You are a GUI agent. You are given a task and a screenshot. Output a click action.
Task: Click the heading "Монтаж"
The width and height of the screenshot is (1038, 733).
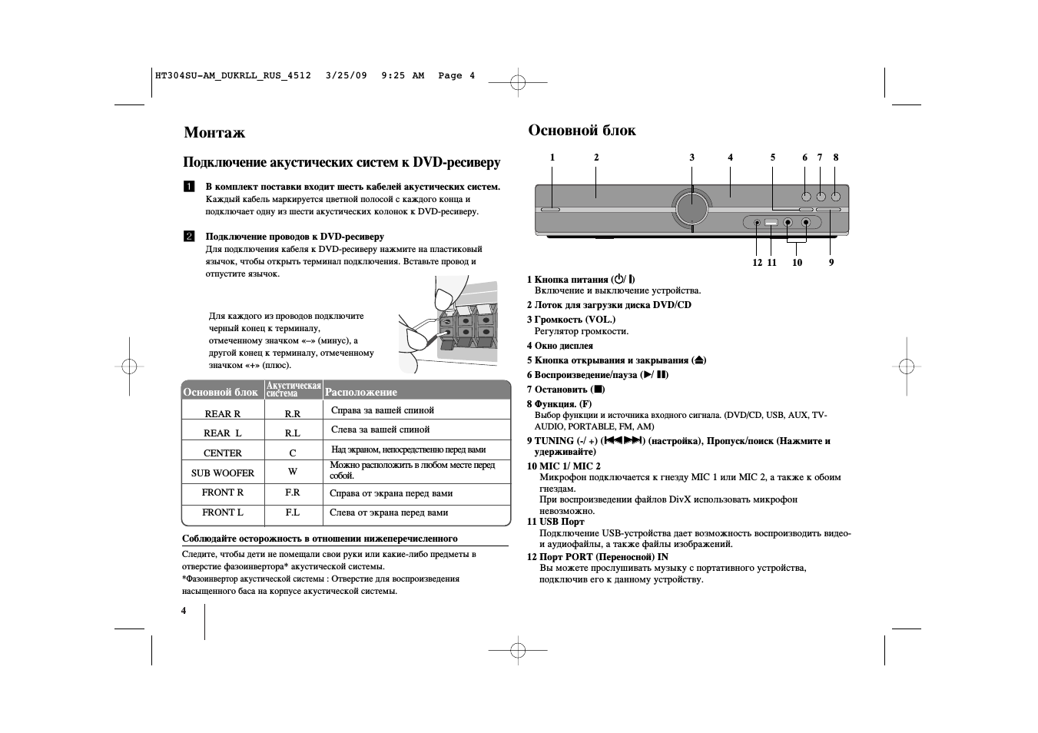pos(214,132)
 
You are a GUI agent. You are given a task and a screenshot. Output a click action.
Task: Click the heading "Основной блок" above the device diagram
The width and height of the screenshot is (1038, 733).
pos(582,130)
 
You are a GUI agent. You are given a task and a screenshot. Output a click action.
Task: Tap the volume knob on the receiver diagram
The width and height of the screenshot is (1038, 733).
pos(691,208)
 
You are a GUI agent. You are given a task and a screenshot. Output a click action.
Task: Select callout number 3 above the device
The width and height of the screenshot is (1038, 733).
pos(691,158)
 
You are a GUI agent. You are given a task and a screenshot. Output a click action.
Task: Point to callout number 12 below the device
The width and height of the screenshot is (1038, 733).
pos(757,263)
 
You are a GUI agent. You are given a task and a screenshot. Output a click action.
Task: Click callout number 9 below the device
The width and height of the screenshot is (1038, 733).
pos(831,263)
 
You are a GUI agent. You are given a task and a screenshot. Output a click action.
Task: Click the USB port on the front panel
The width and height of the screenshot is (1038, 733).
pos(771,223)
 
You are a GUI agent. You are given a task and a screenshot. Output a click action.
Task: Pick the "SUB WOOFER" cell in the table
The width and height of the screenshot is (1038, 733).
pos(222,473)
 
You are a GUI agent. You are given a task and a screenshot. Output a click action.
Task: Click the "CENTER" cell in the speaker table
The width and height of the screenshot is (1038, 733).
pos(222,453)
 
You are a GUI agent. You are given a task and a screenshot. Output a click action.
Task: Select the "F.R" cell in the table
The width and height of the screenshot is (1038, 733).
pos(293,493)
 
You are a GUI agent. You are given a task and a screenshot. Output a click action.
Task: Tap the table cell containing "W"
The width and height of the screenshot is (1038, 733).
pos(293,472)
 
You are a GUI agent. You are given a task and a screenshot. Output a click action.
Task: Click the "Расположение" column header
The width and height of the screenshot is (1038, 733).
pos(361,392)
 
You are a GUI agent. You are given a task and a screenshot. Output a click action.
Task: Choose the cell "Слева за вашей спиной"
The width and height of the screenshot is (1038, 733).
pos(380,430)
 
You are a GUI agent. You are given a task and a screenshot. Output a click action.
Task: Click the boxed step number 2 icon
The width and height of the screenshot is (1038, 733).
pos(189,237)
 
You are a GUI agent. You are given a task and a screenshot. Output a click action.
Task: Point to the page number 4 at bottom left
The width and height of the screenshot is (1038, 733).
pos(184,611)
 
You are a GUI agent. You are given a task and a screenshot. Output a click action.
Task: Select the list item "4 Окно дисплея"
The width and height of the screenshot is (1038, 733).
pos(559,346)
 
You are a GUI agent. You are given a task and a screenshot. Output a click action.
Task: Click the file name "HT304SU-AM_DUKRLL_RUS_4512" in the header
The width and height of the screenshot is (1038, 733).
pos(233,75)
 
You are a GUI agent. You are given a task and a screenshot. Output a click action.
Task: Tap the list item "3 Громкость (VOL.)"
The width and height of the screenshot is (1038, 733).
pos(571,320)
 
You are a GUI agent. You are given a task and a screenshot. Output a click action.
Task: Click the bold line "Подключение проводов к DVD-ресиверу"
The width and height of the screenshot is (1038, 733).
pos(294,237)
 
